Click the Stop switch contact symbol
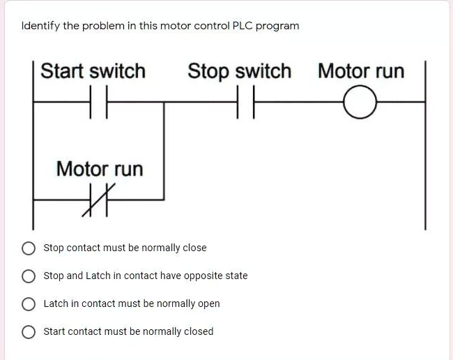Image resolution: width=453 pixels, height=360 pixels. click(245, 102)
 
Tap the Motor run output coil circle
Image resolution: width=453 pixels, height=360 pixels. click(359, 103)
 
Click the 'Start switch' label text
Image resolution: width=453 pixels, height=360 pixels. click(93, 71)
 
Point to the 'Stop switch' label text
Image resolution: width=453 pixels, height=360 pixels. click(239, 71)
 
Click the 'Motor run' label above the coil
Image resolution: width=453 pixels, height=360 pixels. click(360, 71)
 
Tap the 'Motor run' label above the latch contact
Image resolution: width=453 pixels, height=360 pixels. click(99, 169)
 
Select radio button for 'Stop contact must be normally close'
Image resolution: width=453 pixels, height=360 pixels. click(29, 248)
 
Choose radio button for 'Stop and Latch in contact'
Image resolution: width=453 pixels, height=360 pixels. click(29, 276)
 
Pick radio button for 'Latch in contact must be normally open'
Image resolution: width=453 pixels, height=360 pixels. click(29, 304)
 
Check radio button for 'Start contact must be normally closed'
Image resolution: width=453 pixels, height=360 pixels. click(29, 332)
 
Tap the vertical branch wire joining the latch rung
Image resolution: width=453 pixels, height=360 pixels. click(164, 150)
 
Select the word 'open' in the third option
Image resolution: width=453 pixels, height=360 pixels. click(208, 304)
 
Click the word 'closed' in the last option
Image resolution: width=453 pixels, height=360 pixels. click(198, 331)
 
